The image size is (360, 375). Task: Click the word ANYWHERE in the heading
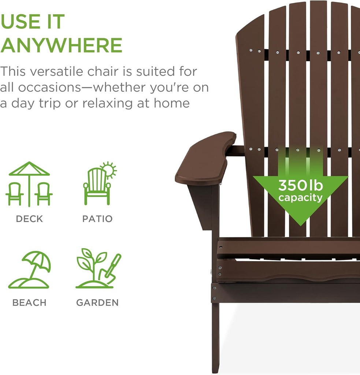click(x=61, y=45)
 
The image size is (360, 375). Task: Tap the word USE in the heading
click(x=21, y=22)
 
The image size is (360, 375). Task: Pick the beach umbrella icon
click(x=30, y=270)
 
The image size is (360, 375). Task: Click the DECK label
click(x=29, y=219)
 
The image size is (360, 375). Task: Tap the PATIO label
click(x=97, y=219)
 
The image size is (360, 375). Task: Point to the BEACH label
click(x=29, y=303)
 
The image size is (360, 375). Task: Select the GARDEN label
click(x=97, y=303)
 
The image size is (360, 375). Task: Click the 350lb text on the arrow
click(x=300, y=186)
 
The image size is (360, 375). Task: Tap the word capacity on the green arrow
click(x=300, y=198)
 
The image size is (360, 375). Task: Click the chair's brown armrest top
click(x=205, y=157)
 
